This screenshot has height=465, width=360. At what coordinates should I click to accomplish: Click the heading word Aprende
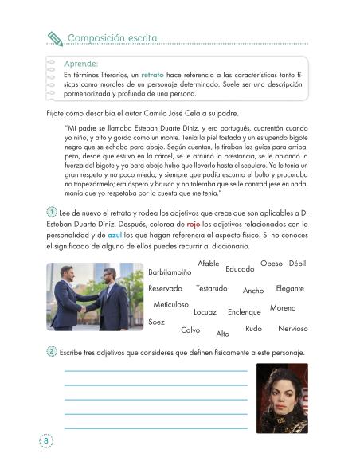point(82,63)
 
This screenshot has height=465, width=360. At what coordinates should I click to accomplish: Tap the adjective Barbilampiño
point(170,272)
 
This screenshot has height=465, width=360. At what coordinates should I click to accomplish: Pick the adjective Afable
point(207,263)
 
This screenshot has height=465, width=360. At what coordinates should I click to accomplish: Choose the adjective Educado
point(240,269)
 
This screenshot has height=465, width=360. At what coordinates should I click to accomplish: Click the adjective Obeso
point(272,263)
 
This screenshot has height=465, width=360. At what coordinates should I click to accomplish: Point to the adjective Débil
point(298,263)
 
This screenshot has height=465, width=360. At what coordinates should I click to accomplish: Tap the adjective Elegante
point(289,288)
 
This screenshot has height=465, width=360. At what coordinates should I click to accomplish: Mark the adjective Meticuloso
point(170,305)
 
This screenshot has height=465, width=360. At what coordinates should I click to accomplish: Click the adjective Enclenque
point(244,312)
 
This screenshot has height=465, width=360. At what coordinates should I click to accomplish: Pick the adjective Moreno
point(283,307)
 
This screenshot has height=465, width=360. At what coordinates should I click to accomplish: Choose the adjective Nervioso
point(293,329)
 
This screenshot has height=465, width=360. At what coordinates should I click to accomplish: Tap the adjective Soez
point(157,321)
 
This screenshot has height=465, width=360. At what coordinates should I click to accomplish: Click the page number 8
point(47,440)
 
